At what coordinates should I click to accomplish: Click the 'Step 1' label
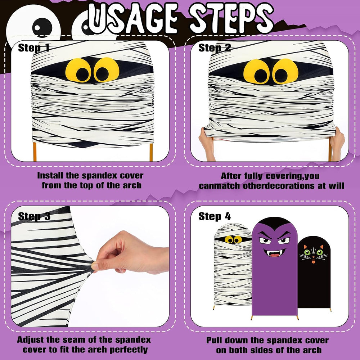tap(33, 48)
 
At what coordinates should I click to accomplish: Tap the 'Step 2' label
tap(215, 48)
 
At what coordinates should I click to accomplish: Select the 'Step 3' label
tap(34, 216)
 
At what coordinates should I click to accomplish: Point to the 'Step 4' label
tap(215, 216)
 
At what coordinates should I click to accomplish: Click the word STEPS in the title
tap(232, 19)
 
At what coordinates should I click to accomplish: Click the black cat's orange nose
tap(314, 261)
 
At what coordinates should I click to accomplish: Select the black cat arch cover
tap(314, 272)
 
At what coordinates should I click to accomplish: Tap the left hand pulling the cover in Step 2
tap(207, 144)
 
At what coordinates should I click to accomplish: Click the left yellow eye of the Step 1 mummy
tap(78, 70)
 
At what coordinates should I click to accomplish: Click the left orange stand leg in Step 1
tap(35, 152)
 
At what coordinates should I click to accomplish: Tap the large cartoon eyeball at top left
tap(33, 26)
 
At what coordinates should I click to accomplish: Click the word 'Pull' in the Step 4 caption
tap(216, 340)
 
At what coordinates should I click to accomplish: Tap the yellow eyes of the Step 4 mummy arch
tap(233, 239)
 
